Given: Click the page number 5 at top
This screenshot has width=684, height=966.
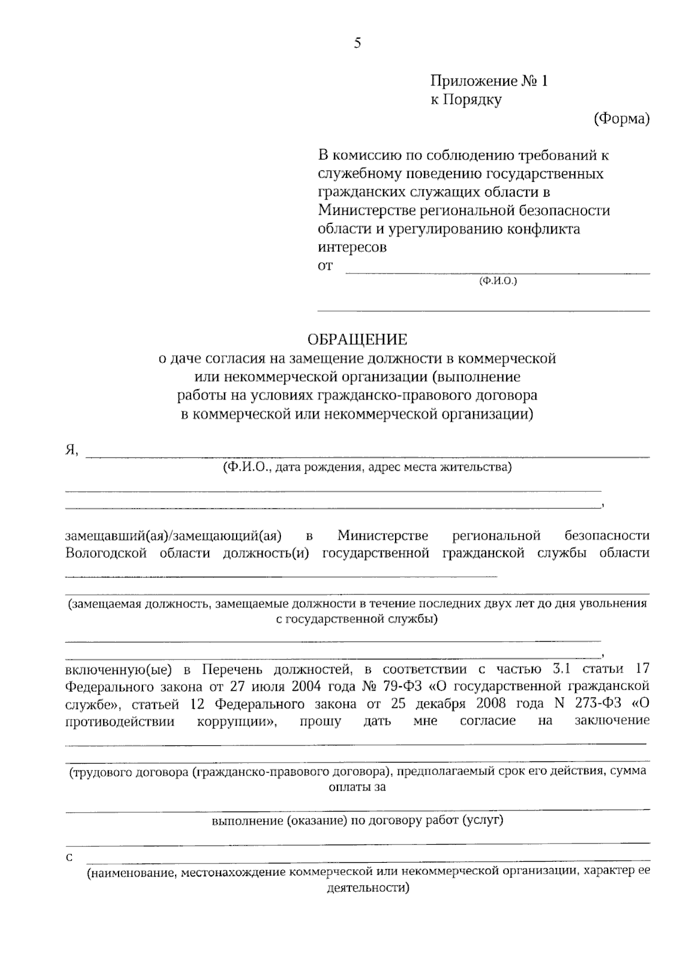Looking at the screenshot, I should click(x=357, y=43).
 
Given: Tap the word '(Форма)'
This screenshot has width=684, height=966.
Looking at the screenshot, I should click(x=621, y=119).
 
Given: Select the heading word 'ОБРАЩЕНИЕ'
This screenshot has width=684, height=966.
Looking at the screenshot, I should click(x=357, y=340).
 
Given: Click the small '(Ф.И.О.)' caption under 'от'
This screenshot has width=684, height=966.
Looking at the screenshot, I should click(x=498, y=280).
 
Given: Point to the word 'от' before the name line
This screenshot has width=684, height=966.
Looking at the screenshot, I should click(x=325, y=266).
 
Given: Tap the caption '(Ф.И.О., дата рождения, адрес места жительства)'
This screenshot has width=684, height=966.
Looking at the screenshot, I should click(x=367, y=468).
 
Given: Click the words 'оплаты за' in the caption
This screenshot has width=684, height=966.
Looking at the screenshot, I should click(x=357, y=787).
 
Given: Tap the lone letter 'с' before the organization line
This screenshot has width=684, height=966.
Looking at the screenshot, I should click(x=70, y=858).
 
